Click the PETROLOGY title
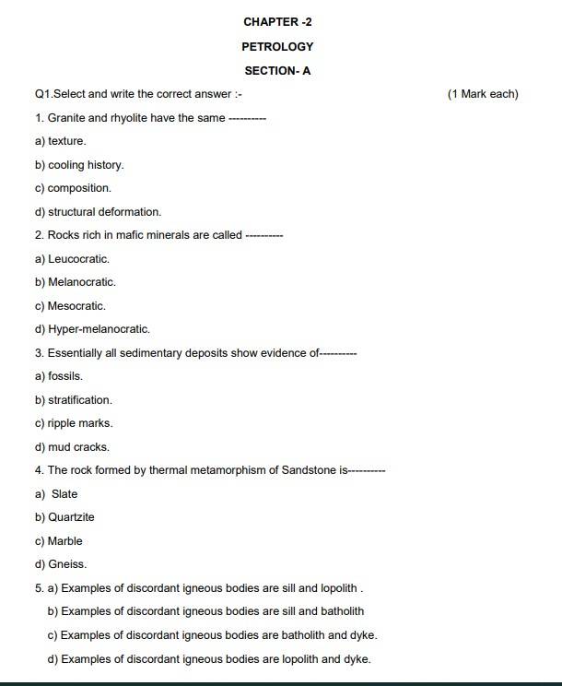(x=277, y=46)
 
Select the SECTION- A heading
(x=277, y=70)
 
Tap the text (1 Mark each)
(x=483, y=94)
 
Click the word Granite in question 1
(x=65, y=118)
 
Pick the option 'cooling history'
(x=85, y=165)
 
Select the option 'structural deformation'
(x=104, y=212)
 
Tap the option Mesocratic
(x=76, y=306)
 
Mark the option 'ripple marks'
(x=79, y=423)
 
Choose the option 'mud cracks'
(x=78, y=447)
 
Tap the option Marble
(x=64, y=541)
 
